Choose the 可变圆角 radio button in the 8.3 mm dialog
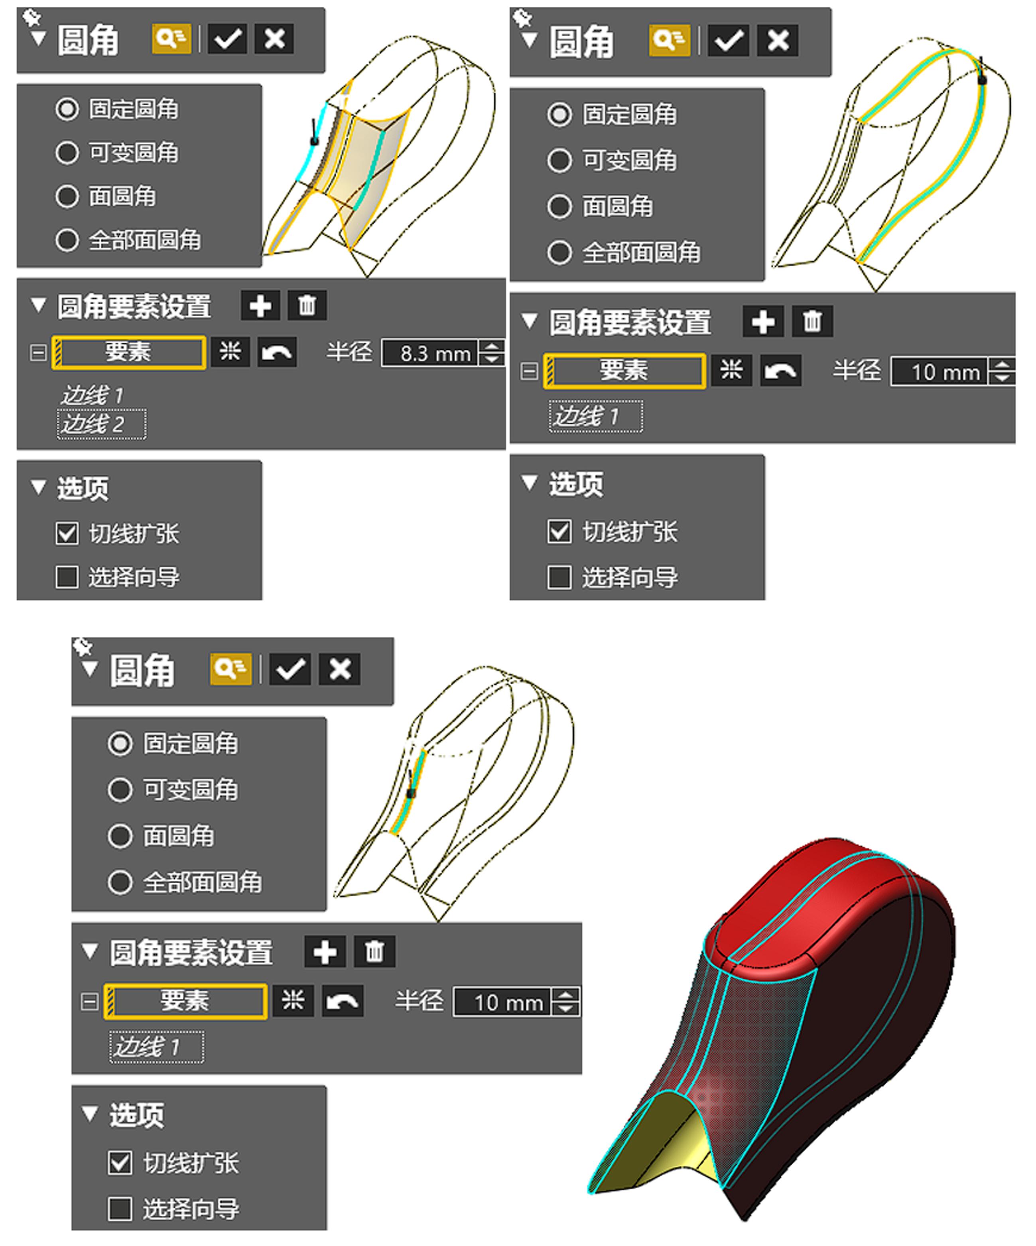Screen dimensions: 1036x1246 (x=67, y=152)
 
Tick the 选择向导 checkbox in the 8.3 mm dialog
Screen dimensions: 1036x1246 (x=67, y=577)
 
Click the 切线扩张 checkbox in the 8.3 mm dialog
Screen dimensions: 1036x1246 (x=67, y=533)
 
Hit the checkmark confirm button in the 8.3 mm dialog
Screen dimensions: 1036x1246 (x=227, y=39)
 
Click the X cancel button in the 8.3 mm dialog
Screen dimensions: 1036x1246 (x=274, y=39)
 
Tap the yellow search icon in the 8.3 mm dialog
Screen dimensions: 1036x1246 (x=171, y=39)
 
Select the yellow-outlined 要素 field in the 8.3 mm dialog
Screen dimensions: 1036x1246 (x=129, y=352)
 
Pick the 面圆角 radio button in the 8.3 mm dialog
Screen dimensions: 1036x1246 (x=67, y=197)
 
